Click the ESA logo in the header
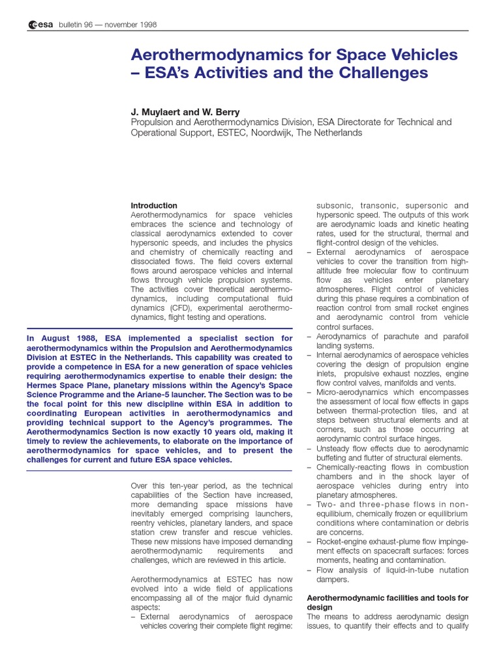(40, 25)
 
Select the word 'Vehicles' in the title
(417, 55)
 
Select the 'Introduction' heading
(154, 205)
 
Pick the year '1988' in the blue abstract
(83, 338)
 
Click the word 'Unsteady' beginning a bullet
(334, 448)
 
